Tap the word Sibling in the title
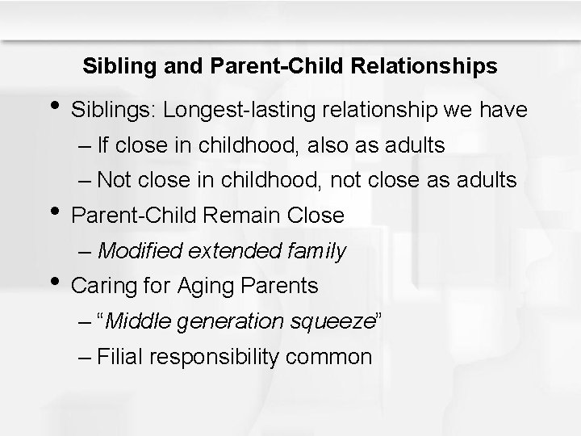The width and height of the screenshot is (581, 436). (113, 66)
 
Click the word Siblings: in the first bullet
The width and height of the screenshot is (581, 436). (114, 109)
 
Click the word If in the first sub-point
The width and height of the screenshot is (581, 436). (102, 146)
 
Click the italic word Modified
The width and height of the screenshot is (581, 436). (140, 251)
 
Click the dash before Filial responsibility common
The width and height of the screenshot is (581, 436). (86, 356)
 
